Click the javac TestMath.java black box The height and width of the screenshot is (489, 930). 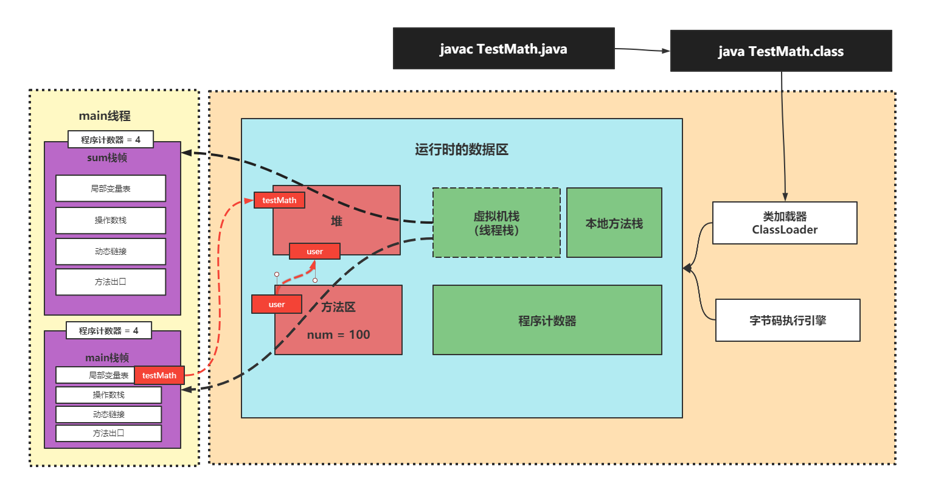pos(504,48)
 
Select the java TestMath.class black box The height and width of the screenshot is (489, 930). pos(781,50)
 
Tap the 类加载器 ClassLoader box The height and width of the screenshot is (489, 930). pos(785,223)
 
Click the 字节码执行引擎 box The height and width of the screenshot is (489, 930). pos(788,320)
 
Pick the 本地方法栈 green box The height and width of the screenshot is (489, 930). pos(614,223)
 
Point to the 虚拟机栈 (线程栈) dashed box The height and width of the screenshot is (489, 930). pos(496,223)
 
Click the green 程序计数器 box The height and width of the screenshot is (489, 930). pos(547,320)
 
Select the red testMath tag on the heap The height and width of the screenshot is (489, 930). pos(279,200)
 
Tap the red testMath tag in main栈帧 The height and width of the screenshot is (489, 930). pos(159,375)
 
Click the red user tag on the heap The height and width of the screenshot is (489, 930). pos(314,251)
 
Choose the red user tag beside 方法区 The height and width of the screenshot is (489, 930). pos(277,304)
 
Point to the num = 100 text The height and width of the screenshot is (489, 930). pos(338,335)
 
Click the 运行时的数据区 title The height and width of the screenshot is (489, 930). pos(462,150)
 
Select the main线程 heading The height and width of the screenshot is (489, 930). pos(105,116)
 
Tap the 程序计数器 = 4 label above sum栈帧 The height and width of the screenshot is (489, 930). pos(111,139)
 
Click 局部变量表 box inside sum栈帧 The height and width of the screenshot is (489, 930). pos(111,189)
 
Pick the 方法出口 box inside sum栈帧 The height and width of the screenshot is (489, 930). pos(111,282)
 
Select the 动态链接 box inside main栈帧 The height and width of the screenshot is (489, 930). pos(109,414)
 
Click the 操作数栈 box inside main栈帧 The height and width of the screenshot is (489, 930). pos(109,395)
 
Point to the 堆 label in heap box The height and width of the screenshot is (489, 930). pos(336,221)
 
